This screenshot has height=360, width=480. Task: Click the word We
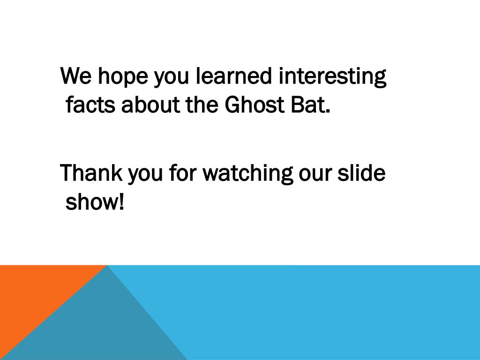(x=75, y=76)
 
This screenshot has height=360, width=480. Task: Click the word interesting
(x=332, y=77)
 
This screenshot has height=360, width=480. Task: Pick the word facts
(x=91, y=105)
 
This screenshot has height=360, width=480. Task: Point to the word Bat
(x=305, y=105)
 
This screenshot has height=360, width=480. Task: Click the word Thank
(x=91, y=173)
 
